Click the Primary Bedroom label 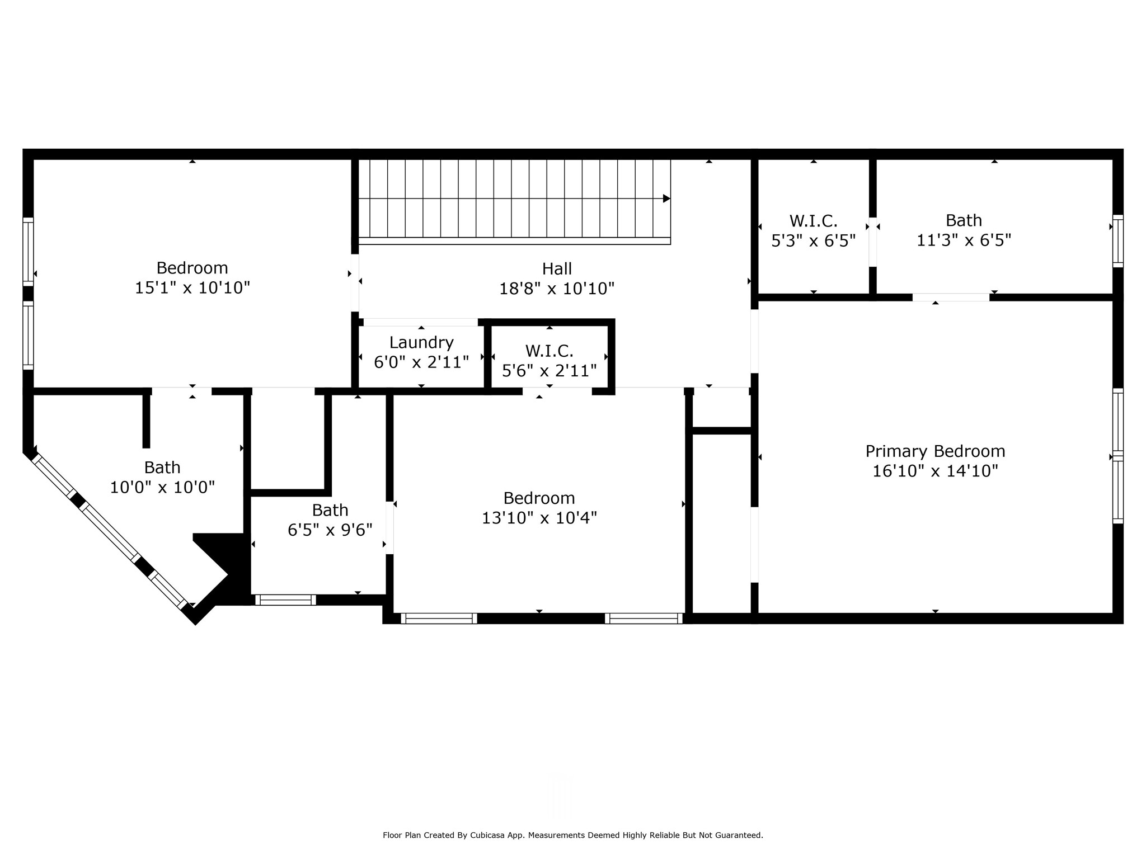pos(935,451)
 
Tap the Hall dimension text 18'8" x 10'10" pos(557,289)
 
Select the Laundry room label pos(421,342)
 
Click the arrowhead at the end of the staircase pos(666,199)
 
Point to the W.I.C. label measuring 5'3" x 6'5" pos(813,221)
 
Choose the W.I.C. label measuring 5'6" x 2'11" pos(549,351)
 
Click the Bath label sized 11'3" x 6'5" pos(964,220)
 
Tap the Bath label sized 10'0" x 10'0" pos(162,467)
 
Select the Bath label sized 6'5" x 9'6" pos(330,510)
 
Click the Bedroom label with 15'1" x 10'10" pos(192,267)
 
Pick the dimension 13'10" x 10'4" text pos(539,518)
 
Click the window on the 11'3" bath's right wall pos(1117,241)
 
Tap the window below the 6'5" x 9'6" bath pos(285,600)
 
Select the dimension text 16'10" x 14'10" pos(935,471)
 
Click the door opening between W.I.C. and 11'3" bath pos(872,242)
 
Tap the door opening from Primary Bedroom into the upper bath pos(951,297)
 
